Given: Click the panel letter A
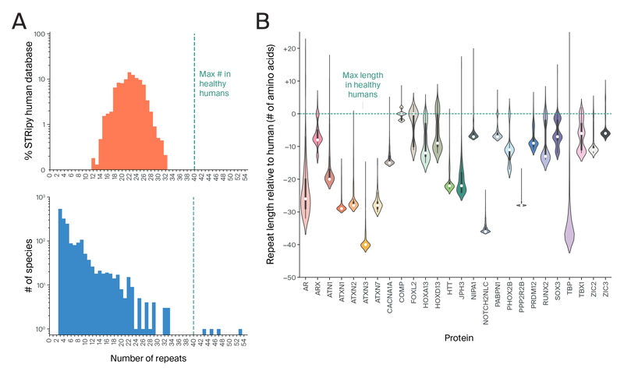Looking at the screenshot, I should pyautogui.click(x=19, y=23).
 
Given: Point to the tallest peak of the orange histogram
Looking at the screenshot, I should pyautogui.click(x=129, y=75).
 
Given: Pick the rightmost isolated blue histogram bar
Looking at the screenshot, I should pyautogui.click(x=241, y=331).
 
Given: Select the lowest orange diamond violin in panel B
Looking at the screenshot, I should pyautogui.click(x=365, y=245).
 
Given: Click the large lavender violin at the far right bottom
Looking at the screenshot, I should pyautogui.click(x=570, y=226).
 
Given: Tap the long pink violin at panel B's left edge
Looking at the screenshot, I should pyautogui.click(x=305, y=191).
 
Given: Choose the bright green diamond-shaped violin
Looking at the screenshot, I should pyautogui.click(x=448, y=186).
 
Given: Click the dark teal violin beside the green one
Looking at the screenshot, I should pyautogui.click(x=461, y=182).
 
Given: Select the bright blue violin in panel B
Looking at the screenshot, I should pyautogui.click(x=533, y=144).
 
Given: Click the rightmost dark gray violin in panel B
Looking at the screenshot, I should pyautogui.click(x=606, y=134).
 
